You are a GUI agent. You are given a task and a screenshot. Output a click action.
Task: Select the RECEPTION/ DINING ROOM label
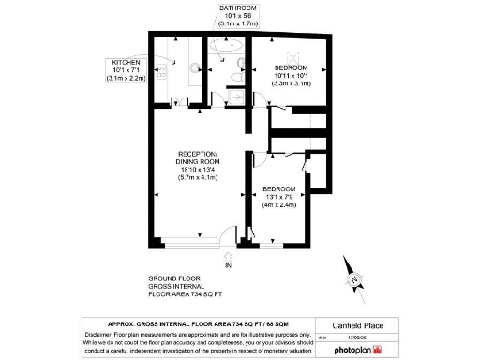199,157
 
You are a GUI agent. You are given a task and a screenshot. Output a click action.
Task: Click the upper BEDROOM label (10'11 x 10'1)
292,68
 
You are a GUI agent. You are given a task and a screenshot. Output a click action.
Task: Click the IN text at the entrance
226,266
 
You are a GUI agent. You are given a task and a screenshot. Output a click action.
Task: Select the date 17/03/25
357,337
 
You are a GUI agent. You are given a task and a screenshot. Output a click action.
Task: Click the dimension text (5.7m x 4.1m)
198,176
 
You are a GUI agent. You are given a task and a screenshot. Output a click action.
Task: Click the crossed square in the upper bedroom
292,54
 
